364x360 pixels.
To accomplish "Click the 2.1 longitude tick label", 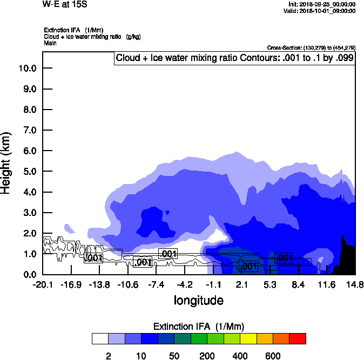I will point(242,284).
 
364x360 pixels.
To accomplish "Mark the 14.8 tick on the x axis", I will point(355,284).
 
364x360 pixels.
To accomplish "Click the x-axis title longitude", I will point(198,300).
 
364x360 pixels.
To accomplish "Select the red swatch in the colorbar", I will point(298,338).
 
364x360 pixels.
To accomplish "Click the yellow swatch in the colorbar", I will point(248,338).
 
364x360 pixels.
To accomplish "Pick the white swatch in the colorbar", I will point(100,338).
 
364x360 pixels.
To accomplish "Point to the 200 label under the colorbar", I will point(207,356).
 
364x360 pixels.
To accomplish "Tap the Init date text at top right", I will point(322,4).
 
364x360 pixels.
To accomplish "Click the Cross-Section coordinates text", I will point(311,47).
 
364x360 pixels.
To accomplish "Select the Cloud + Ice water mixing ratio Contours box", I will point(234,58).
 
